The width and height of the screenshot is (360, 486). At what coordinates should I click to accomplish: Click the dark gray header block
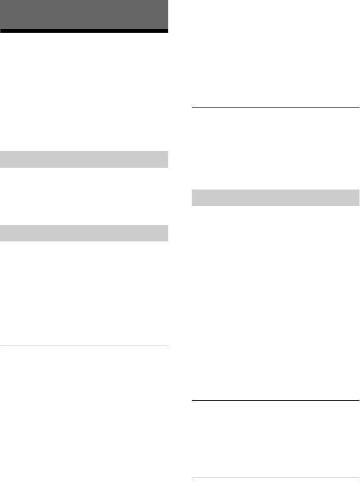(84, 15)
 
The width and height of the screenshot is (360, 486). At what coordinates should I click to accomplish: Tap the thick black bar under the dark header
(84, 31)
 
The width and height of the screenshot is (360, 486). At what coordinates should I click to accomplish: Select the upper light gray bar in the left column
(84, 159)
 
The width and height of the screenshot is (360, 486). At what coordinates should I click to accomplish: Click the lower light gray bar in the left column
(84, 233)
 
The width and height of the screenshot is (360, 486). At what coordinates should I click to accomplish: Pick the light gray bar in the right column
(276, 197)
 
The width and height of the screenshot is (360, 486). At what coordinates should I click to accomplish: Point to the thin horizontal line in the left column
(84, 345)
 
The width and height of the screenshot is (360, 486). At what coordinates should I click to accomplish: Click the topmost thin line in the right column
(276, 107)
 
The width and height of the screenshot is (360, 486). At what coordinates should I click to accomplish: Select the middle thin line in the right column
(276, 400)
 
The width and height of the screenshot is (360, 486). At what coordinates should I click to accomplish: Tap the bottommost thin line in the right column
(276, 478)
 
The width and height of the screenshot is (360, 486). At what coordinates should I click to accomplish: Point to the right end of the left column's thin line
(167, 345)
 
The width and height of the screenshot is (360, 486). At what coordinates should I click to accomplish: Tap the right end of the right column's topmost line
(358, 107)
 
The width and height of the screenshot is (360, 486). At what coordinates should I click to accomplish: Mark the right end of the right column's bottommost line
(358, 478)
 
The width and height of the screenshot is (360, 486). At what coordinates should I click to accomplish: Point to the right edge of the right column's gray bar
(358, 197)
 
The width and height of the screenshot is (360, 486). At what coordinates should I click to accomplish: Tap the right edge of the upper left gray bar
(167, 159)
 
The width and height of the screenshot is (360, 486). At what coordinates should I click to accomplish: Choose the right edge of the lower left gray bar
(167, 233)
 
